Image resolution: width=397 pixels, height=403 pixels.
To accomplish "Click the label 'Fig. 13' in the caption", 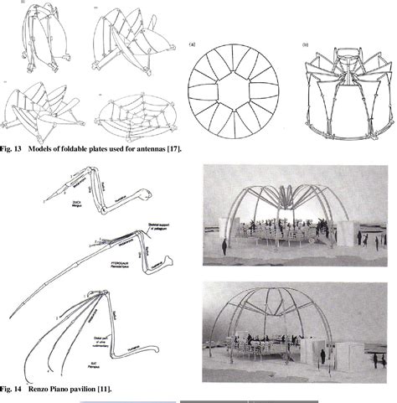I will pos(13,149).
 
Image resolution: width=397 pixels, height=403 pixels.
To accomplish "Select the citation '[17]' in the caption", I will pos(173,149).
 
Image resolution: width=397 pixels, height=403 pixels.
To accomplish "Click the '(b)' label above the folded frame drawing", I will pos(306,41).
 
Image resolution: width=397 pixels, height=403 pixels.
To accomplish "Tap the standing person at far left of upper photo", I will pos(224,246).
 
